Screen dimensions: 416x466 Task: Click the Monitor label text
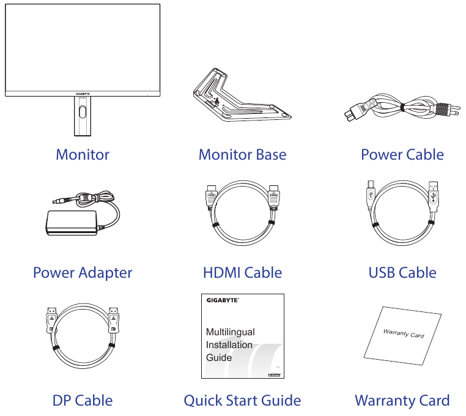pyautogui.click(x=83, y=154)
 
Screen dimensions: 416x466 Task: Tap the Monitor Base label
pyautogui.click(x=242, y=154)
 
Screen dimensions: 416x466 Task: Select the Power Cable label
pyautogui.click(x=402, y=154)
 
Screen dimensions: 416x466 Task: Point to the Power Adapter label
pyautogui.click(x=83, y=273)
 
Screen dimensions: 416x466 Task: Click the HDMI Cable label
pyautogui.click(x=242, y=273)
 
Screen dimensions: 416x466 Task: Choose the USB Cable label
pyautogui.click(x=402, y=273)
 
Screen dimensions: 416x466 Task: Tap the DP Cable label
pyautogui.click(x=83, y=401)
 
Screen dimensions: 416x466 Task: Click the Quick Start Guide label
pyautogui.click(x=242, y=401)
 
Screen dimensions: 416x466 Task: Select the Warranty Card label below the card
pyautogui.click(x=402, y=401)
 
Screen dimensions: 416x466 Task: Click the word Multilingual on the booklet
pyautogui.click(x=231, y=332)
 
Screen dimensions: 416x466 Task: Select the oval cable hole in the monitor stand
pyautogui.click(x=83, y=111)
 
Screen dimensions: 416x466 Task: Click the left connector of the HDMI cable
pyautogui.click(x=210, y=196)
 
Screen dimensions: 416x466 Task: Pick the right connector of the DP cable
pyautogui.click(x=113, y=321)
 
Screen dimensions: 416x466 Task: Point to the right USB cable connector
pyautogui.click(x=434, y=196)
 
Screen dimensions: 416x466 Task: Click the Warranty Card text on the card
pyautogui.click(x=403, y=333)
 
